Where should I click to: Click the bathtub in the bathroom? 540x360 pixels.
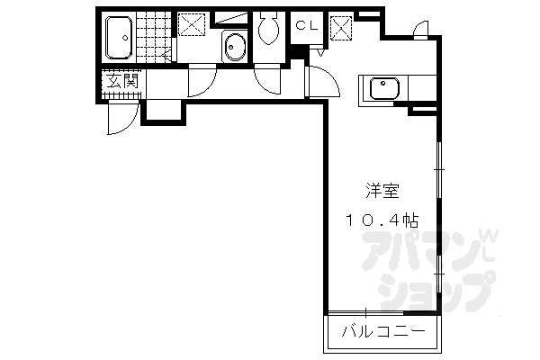[121, 37]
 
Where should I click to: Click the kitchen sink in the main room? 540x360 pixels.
[384, 90]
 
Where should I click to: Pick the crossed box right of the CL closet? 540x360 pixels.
[340, 28]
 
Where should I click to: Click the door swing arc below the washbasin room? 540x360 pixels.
[202, 84]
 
